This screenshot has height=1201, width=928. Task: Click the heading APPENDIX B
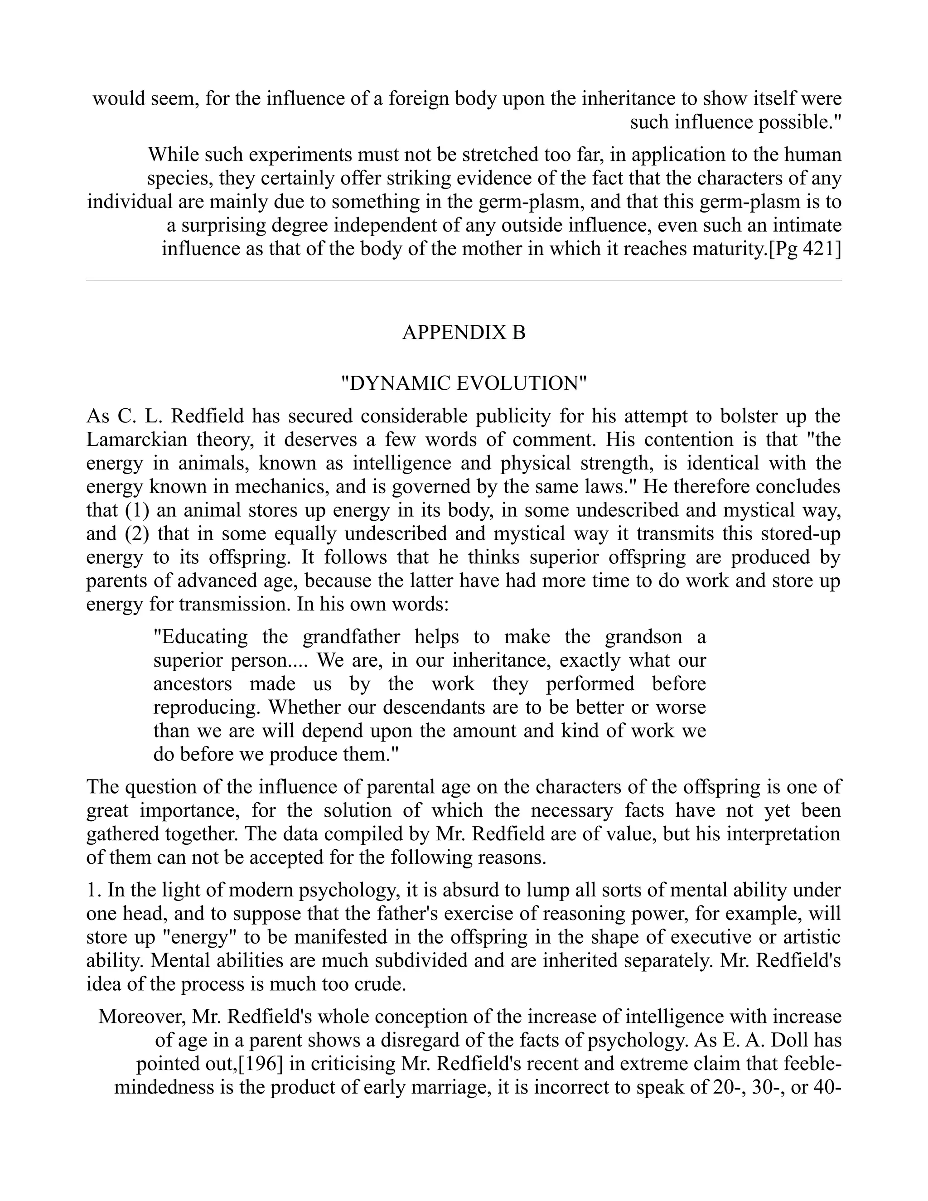(x=464, y=333)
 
